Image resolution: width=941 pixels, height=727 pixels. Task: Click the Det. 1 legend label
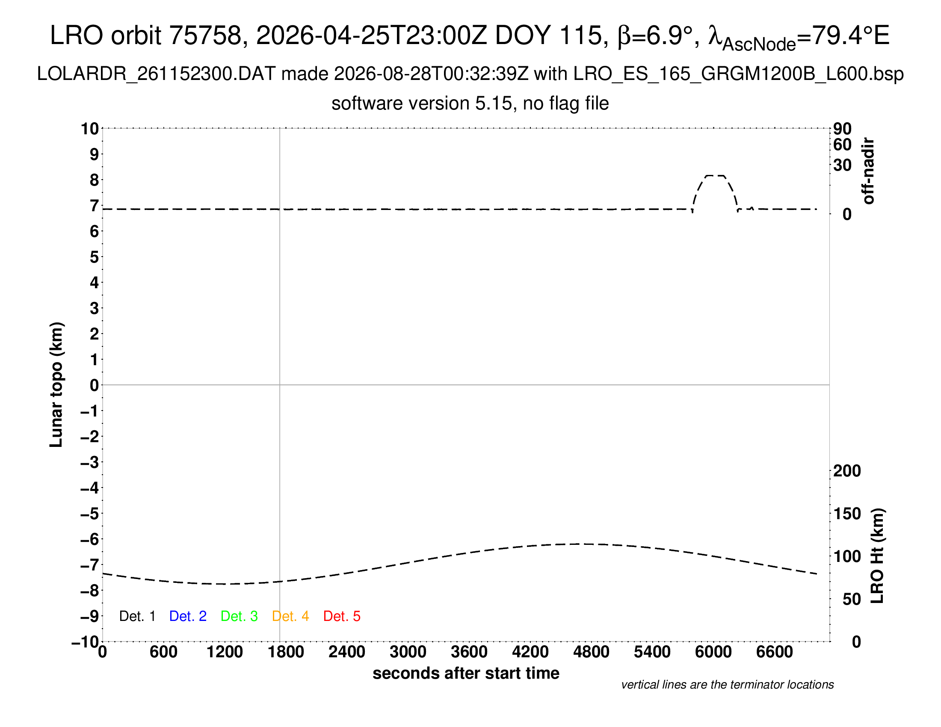137,616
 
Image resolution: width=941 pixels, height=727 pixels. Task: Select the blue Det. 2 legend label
188,616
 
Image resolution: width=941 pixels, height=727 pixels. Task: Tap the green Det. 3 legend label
239,616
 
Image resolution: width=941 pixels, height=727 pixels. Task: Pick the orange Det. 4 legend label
290,616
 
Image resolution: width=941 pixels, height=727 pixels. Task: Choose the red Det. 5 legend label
342,616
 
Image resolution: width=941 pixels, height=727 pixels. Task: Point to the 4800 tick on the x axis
591,652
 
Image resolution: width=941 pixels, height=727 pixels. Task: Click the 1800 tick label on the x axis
286,652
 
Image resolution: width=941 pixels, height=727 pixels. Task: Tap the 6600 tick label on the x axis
775,652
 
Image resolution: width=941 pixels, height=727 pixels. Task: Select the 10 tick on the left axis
90,128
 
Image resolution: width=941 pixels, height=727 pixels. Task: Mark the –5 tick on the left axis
90,513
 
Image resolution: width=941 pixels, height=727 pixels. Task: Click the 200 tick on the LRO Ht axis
847,471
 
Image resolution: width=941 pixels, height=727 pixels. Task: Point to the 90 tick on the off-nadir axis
842,128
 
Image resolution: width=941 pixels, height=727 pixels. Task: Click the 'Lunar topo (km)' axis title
56,384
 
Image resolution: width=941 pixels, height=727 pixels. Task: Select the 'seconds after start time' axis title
466,673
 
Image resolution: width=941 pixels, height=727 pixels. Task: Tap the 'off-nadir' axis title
868,171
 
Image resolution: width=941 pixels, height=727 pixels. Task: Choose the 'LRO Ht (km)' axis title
877,556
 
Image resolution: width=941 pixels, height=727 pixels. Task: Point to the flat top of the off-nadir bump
715,176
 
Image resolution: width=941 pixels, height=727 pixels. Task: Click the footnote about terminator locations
727,685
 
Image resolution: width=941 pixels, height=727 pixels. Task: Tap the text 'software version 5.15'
422,103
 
